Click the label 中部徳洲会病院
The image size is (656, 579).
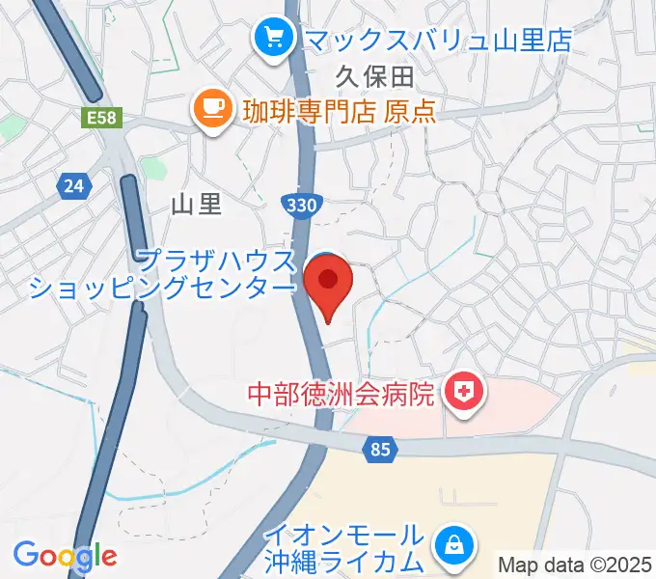[x=342, y=394]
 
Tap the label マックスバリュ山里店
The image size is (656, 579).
[x=437, y=40]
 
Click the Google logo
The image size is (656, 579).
[x=65, y=555]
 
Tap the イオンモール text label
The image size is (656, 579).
[x=344, y=535]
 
